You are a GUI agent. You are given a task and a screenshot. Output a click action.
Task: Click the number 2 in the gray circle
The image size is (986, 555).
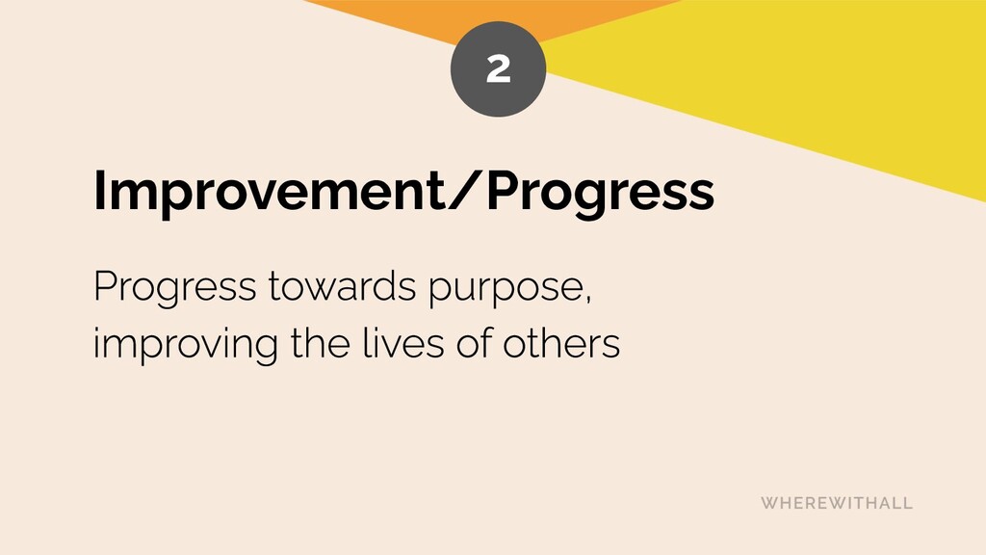498,68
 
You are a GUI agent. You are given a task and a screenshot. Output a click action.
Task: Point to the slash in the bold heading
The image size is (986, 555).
465,191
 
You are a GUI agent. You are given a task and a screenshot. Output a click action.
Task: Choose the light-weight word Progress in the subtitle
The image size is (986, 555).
175,289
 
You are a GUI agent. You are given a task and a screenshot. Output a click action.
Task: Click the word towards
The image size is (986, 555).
342,286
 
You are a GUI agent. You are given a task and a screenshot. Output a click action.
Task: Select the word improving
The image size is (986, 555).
186,346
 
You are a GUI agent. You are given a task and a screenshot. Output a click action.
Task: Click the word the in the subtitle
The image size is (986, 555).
320,343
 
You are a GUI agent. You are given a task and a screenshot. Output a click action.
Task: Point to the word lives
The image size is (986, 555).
403,343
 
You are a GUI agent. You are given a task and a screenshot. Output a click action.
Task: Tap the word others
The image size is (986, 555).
561,343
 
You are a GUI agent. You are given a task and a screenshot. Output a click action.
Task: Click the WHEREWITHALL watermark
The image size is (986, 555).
837,503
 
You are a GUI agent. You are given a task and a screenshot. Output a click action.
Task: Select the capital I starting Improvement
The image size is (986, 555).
98,191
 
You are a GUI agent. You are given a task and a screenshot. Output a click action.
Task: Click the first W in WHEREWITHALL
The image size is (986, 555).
770,503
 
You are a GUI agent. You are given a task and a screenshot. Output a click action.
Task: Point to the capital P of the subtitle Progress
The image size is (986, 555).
104,285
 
